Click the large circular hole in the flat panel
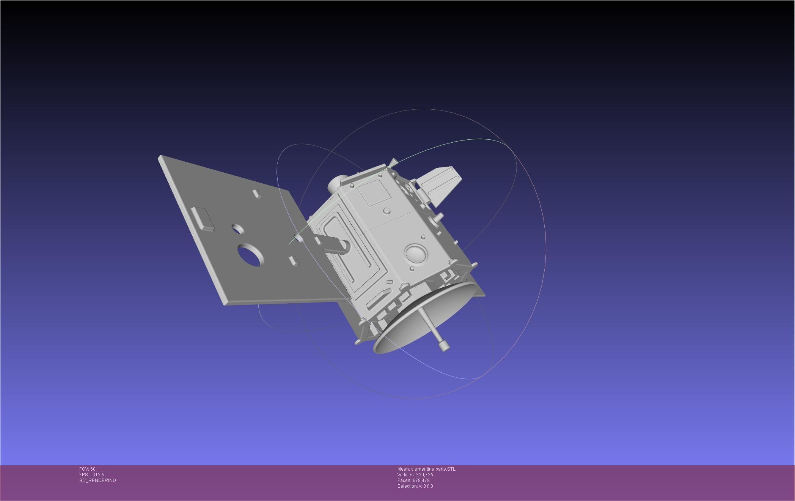(x=250, y=255)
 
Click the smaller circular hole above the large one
(x=238, y=228)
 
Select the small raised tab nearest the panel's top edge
(x=257, y=194)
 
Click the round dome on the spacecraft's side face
(x=415, y=253)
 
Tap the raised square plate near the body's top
(x=375, y=193)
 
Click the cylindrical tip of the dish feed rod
(x=443, y=345)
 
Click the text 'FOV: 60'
(x=87, y=469)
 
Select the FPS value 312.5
(x=98, y=475)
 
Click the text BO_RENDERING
(x=97, y=481)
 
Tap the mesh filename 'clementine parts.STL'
(x=433, y=469)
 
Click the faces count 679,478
(x=421, y=481)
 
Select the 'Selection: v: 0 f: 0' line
(x=415, y=486)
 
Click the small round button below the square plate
(x=387, y=211)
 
